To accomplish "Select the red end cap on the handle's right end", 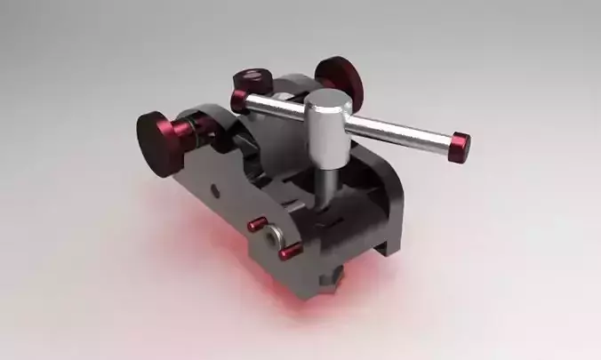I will [x=460, y=147].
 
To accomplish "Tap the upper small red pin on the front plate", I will [x=258, y=223].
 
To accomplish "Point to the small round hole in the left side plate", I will [x=213, y=188].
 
